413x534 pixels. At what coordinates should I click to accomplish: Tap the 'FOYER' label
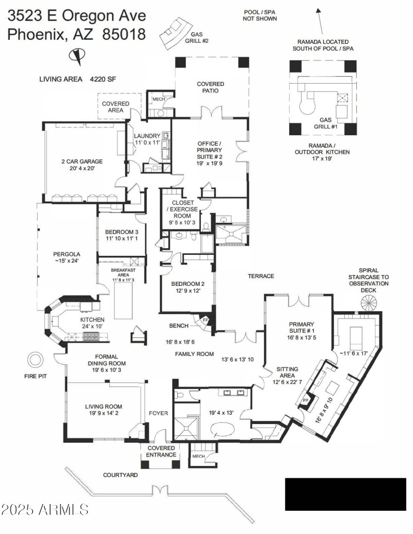pyautogui.click(x=159, y=413)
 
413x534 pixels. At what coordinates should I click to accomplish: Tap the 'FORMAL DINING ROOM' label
pyautogui.click(x=107, y=360)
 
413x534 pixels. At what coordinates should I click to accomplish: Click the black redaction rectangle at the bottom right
pyautogui.click(x=345, y=494)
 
